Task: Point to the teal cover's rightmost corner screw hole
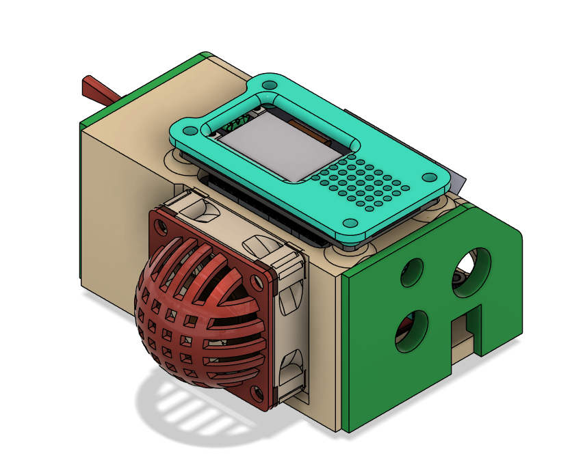coord(429,177)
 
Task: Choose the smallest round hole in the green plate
coord(413,272)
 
